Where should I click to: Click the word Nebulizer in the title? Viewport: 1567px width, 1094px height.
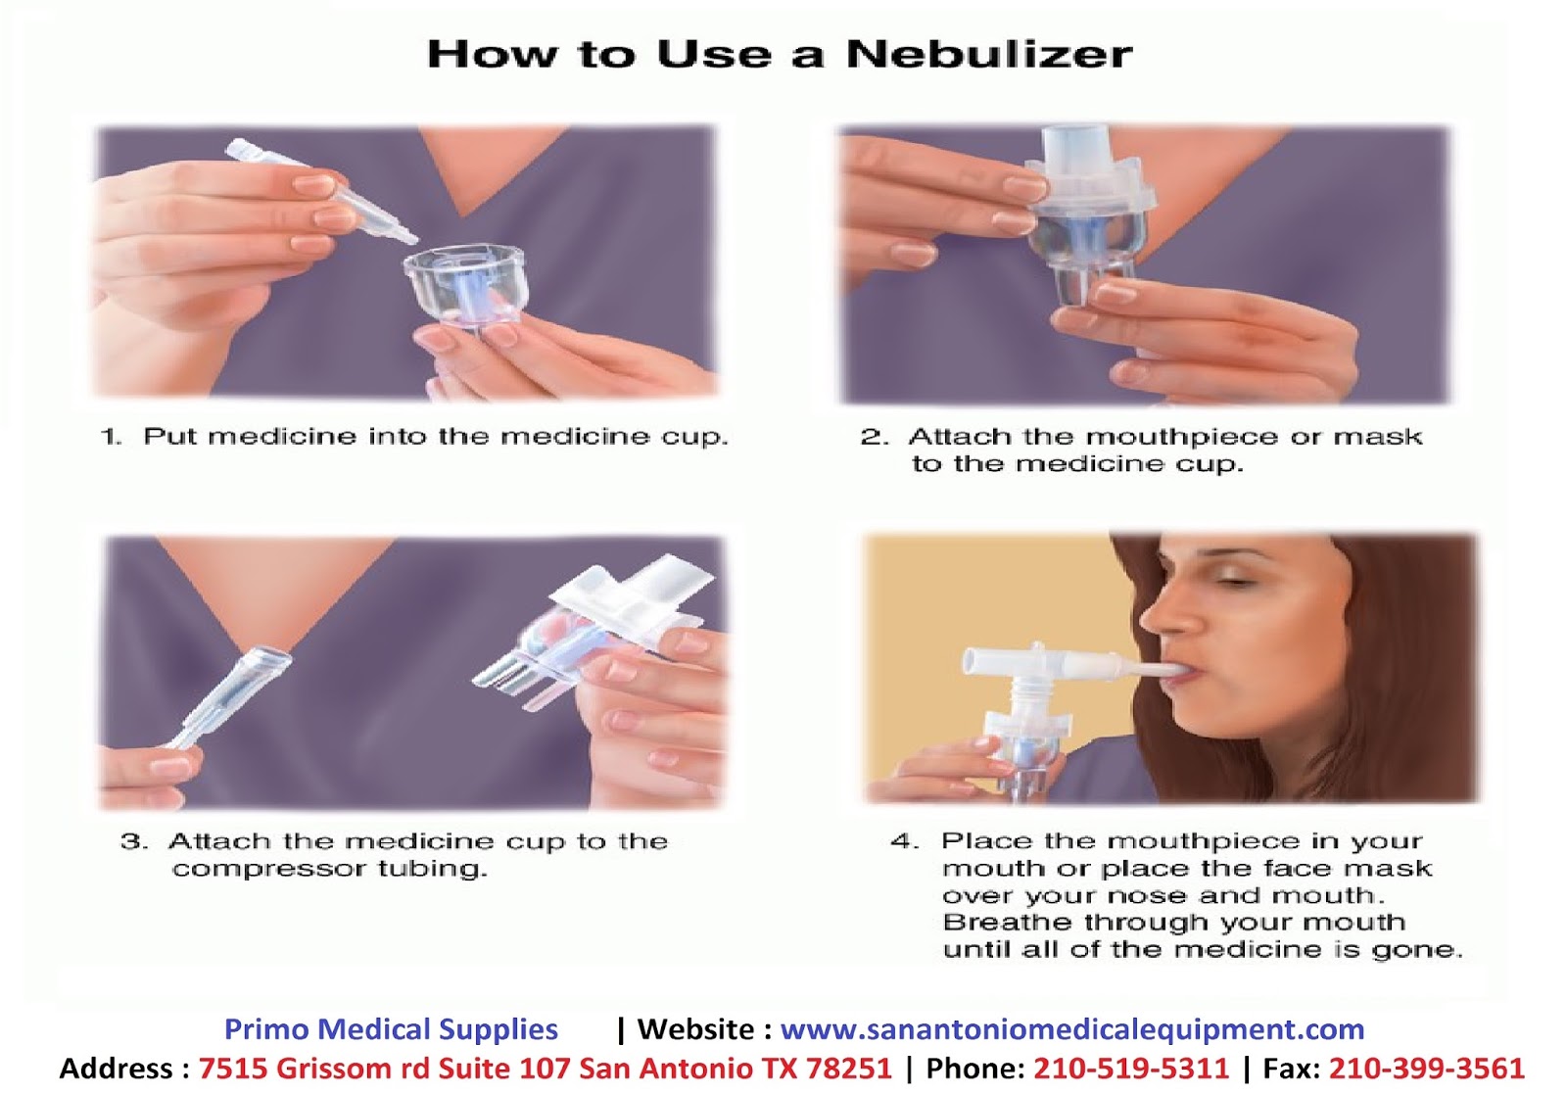click(989, 54)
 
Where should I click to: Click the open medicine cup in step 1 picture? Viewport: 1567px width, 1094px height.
click(464, 286)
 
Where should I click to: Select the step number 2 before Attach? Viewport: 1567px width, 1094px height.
click(874, 437)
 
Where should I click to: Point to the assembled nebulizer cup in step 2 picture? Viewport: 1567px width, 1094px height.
click(1088, 216)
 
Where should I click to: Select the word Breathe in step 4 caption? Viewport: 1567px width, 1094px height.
click(1007, 922)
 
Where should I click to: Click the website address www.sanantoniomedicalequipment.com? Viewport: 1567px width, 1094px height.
click(1072, 1029)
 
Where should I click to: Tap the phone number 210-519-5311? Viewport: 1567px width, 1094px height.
click(1131, 1069)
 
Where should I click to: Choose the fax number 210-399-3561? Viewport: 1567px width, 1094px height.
click(1426, 1069)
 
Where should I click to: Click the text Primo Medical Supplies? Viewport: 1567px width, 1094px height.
click(391, 1029)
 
